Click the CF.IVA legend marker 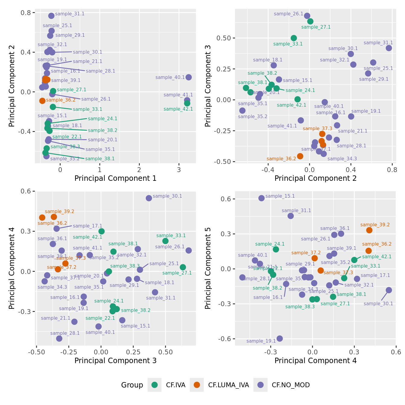click(155, 385)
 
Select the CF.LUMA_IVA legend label click(228, 385)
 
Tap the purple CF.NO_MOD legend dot click(261, 385)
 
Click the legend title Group click(132, 385)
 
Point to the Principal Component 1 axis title click(115, 178)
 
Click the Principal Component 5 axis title click(208, 268)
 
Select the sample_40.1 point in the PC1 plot click(189, 77)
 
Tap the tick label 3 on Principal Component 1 click(179, 170)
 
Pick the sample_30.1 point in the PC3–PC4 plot click(149, 198)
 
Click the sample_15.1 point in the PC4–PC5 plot click(262, 198)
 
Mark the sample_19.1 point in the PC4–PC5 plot click(280, 338)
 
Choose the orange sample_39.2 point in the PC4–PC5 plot click(369, 230)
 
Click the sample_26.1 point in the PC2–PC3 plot click(307, 16)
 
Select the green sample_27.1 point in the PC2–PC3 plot click(310, 21)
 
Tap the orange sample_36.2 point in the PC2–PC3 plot click(300, 156)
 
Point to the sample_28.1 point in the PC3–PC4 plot click(59, 338)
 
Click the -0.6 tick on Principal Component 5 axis click(225, 339)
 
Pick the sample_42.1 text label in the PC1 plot click(178, 109)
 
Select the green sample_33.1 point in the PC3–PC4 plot click(165, 241)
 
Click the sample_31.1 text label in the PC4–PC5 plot click(296, 211)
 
